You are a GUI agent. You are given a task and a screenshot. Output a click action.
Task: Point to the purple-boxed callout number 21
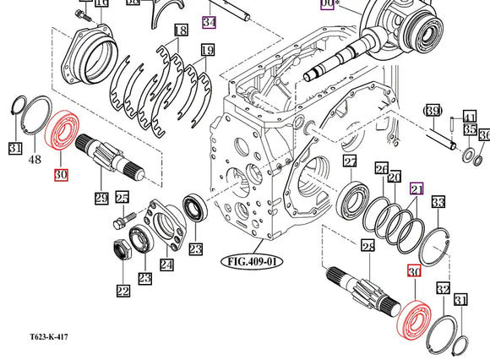pyautogui.click(x=416, y=190)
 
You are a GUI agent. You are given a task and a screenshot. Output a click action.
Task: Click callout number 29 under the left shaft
pyautogui.click(x=101, y=198)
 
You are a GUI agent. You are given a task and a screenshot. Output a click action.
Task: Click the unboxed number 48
pyautogui.click(x=35, y=160)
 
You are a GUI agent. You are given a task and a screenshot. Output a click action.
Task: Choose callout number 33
pyautogui.click(x=438, y=203)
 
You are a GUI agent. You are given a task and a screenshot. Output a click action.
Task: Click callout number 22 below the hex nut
pyautogui.click(x=123, y=292)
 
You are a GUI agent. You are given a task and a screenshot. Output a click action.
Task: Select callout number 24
pyautogui.click(x=166, y=265)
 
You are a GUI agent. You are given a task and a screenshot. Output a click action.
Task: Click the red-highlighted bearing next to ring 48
pyautogui.click(x=62, y=135)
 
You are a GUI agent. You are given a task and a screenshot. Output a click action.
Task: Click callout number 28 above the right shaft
pyautogui.click(x=367, y=246)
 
